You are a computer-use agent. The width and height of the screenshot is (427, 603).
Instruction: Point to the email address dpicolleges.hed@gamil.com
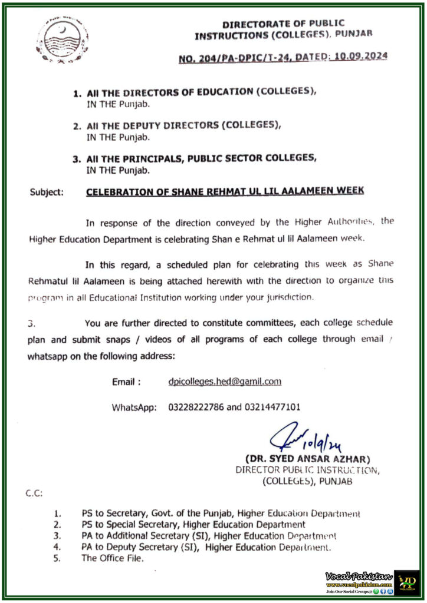[224, 382]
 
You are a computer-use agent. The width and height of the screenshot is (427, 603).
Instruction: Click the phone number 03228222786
[193, 407]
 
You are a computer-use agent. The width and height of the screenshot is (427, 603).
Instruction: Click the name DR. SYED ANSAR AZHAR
[307, 459]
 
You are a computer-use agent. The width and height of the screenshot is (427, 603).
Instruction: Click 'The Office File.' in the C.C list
[112, 558]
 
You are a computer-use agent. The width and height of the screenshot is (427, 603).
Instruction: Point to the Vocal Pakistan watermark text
[359, 576]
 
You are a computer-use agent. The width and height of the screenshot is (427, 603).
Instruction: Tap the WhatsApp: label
[134, 407]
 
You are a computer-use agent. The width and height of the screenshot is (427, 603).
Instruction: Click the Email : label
[126, 382]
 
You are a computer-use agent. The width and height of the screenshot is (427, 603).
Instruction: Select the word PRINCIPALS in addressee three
[151, 158]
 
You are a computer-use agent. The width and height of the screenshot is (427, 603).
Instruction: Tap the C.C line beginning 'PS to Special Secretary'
[193, 524]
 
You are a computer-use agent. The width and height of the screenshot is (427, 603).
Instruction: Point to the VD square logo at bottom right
[406, 582]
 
